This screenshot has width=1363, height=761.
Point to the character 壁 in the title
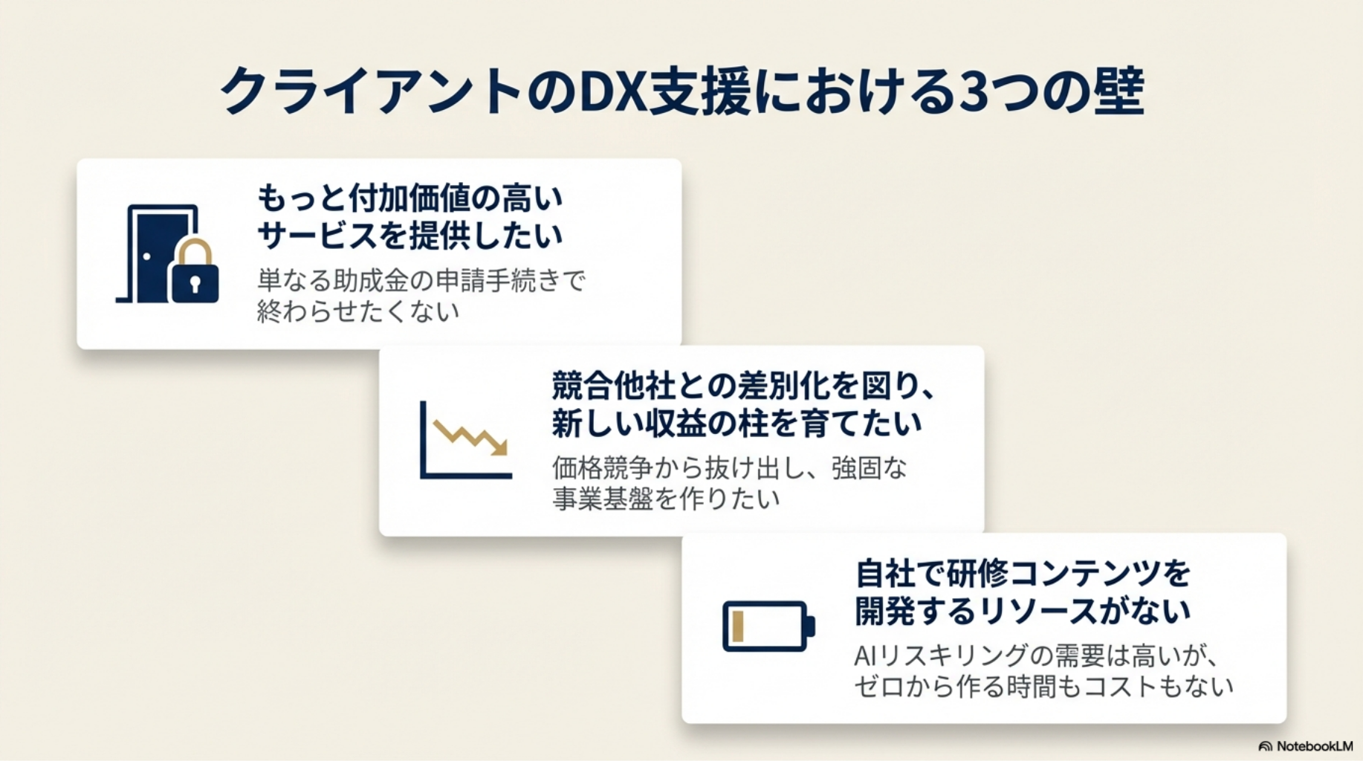pyautogui.click(x=1118, y=92)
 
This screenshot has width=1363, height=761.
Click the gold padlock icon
pyautogui.click(x=195, y=273)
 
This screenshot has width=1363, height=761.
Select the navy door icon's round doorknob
pyautogui.click(x=147, y=256)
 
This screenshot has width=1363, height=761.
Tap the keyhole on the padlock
pyautogui.click(x=195, y=284)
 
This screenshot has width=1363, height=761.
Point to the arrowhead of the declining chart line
pyautogui.click(x=500, y=448)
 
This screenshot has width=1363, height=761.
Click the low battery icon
pyautogui.click(x=768, y=626)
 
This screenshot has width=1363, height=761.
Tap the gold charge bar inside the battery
pyautogui.click(x=738, y=626)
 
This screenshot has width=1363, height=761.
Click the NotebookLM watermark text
pyautogui.click(x=1314, y=746)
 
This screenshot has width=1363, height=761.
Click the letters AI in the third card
pyautogui.click(x=866, y=656)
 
